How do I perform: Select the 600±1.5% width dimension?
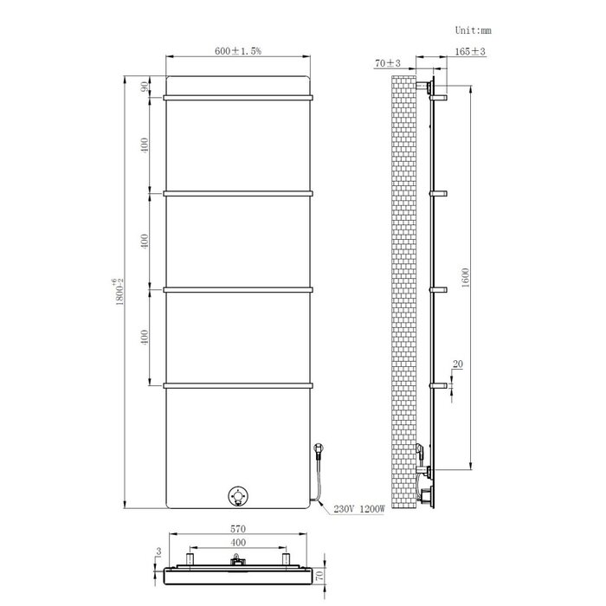click(x=238, y=52)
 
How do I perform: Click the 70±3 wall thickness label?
click(x=387, y=63)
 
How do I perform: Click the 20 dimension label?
click(x=457, y=364)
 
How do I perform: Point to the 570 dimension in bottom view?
click(x=238, y=529)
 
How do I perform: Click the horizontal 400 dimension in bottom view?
click(x=238, y=543)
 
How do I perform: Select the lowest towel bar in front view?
click(x=238, y=384)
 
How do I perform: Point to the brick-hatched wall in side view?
click(x=403, y=286)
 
